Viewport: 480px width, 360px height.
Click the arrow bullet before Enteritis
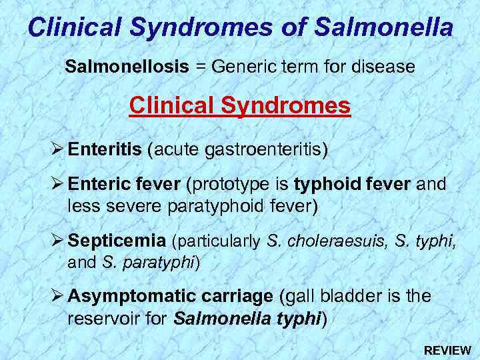[x=57, y=149]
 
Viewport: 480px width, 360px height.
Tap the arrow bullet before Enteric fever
[x=57, y=183]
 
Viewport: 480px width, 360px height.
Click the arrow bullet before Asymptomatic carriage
[x=57, y=295]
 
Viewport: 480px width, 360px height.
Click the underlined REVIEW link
[x=447, y=350]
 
